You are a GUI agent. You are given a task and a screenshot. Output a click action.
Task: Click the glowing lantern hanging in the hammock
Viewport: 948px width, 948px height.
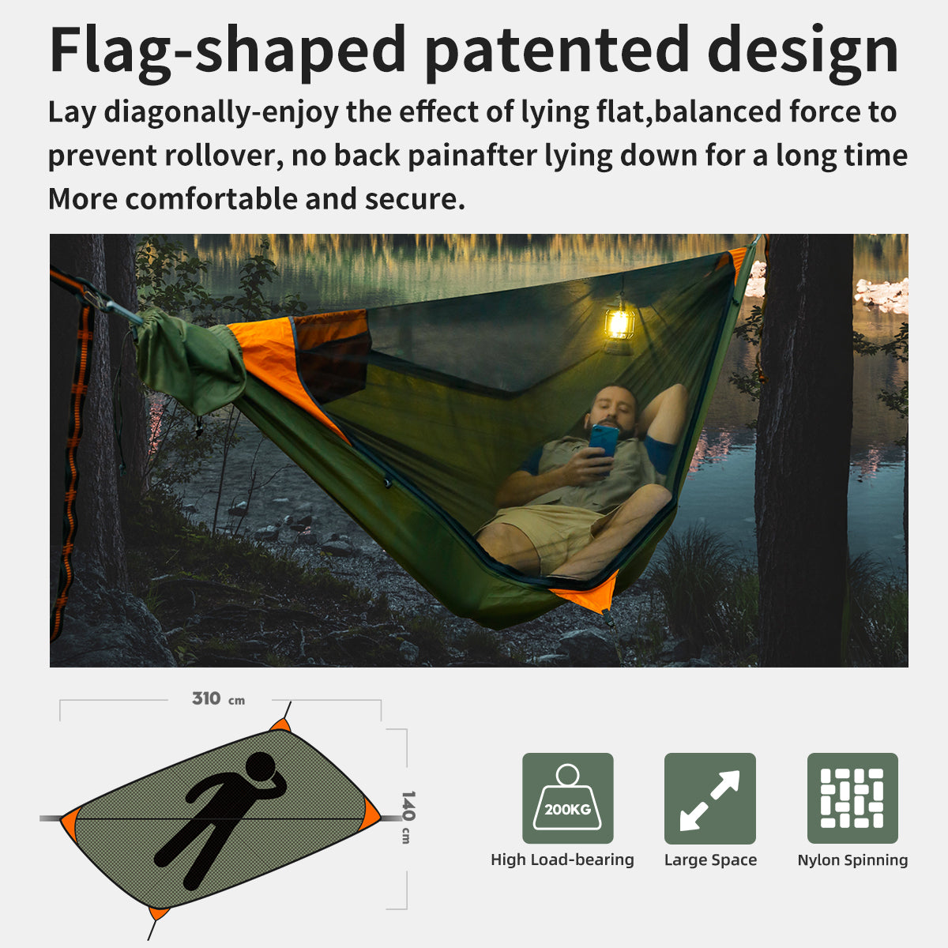tap(619, 324)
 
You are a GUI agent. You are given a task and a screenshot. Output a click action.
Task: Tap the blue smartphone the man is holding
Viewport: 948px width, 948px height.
tap(604, 441)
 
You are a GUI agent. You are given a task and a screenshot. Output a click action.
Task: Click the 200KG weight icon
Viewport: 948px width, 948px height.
tap(567, 797)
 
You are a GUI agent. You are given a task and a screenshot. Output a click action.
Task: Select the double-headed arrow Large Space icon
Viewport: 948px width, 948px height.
tap(709, 797)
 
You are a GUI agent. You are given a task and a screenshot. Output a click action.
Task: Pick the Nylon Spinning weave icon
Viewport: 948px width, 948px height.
tap(852, 797)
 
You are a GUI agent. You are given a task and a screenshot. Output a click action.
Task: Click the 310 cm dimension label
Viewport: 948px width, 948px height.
tap(218, 698)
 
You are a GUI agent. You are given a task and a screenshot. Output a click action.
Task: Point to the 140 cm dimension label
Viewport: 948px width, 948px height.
tap(408, 817)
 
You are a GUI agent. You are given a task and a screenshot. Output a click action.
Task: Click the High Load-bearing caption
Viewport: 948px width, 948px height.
tap(562, 860)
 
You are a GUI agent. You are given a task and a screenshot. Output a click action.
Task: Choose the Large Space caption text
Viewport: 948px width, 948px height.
tap(710, 860)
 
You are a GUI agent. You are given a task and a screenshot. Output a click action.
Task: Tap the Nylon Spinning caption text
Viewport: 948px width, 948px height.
tap(852, 860)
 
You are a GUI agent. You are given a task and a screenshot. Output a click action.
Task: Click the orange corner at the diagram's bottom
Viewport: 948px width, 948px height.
tap(159, 913)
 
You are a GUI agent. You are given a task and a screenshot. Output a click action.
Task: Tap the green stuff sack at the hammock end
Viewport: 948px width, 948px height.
tap(190, 360)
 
